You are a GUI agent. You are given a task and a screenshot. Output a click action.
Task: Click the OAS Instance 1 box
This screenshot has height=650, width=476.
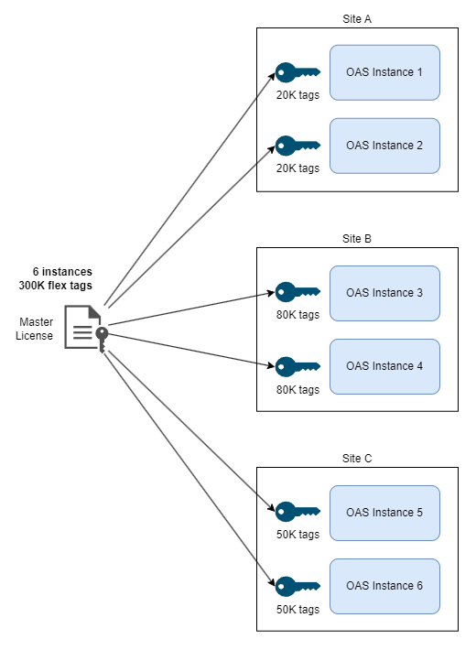pos(384,72)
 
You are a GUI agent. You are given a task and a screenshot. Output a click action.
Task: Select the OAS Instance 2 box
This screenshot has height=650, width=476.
pos(384,146)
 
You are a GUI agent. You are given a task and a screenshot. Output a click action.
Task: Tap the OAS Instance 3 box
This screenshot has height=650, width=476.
pos(384,293)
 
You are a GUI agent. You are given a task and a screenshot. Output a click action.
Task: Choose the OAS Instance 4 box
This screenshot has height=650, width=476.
pos(384,366)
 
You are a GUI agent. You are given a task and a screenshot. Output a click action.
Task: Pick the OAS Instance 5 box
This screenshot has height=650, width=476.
pos(384,513)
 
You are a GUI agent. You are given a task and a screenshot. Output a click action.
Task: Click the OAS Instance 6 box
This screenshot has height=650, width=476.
pos(384,586)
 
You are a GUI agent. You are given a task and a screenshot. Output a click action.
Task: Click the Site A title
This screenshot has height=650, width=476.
pos(357,19)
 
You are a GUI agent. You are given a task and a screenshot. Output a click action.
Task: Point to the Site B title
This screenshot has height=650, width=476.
pos(357,239)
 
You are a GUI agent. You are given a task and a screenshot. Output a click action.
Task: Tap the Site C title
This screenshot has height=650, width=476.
pos(357,459)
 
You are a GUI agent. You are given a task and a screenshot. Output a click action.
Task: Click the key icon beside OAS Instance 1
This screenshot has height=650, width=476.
pos(297,72)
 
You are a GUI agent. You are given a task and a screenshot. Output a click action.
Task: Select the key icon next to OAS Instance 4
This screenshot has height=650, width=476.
pos(297,366)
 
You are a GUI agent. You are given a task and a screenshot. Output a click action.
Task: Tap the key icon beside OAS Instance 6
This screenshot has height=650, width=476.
pos(297,586)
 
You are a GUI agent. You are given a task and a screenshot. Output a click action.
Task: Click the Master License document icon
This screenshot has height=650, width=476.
pos(86,329)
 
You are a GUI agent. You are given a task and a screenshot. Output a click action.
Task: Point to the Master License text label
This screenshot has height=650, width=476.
pos(35,329)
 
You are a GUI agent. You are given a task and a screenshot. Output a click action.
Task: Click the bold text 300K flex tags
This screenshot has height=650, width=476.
pos(56,286)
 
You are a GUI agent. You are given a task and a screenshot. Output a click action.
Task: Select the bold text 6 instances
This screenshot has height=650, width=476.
pos(62,272)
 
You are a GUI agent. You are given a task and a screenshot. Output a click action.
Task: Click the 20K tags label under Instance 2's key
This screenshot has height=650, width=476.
pos(298,168)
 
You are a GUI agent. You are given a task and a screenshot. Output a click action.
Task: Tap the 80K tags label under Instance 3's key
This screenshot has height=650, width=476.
pos(298,315)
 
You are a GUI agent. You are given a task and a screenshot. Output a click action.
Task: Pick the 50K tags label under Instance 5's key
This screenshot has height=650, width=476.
pos(298,535)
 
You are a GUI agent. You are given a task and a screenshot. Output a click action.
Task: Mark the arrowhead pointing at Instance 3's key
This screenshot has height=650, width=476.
pos(270,293)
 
